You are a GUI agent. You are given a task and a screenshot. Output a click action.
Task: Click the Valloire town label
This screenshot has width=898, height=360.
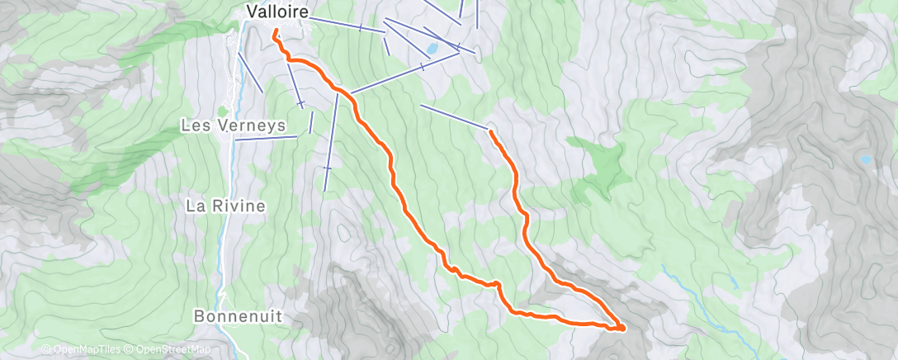[277, 12]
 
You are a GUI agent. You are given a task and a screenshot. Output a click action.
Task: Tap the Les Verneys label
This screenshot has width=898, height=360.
[234, 126]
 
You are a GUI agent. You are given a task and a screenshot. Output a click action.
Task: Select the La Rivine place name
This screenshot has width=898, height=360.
[224, 206]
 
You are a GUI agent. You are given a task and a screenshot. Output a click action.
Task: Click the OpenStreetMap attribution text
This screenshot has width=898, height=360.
[173, 350]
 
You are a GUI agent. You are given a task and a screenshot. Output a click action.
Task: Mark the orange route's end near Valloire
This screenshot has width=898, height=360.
[274, 32]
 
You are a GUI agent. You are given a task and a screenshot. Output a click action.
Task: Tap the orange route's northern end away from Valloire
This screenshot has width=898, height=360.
[491, 131]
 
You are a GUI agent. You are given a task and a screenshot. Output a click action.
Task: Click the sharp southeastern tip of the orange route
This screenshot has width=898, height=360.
[622, 328]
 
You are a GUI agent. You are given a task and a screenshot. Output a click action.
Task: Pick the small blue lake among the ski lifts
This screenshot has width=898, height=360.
[432, 49]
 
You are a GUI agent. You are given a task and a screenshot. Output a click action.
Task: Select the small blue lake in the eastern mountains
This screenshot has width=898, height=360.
[865, 159]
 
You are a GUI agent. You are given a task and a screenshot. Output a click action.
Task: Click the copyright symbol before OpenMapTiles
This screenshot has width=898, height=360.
[46, 350]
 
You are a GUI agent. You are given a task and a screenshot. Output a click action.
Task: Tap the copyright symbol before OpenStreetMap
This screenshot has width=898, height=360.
[130, 350]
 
